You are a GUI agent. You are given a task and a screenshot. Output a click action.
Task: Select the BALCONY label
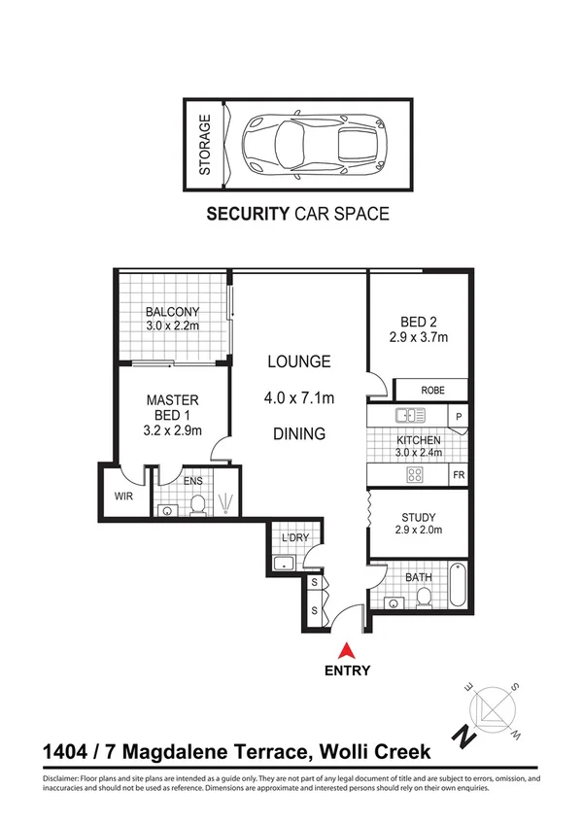coord(172,312)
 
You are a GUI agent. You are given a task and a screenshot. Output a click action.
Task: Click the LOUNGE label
coord(299,361)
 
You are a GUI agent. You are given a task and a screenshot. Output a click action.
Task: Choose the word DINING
coord(299,434)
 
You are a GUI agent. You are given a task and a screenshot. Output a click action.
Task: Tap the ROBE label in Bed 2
coord(432,391)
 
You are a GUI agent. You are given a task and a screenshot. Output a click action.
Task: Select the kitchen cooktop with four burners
coord(414,475)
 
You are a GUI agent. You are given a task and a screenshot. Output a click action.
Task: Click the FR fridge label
coord(459,476)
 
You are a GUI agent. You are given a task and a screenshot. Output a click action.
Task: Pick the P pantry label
coord(459,417)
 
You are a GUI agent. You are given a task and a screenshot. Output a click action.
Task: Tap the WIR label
coord(122,496)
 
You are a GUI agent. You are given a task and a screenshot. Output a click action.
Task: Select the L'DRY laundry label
coord(293,538)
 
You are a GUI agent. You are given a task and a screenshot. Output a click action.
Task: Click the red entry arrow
coord(345,651)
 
